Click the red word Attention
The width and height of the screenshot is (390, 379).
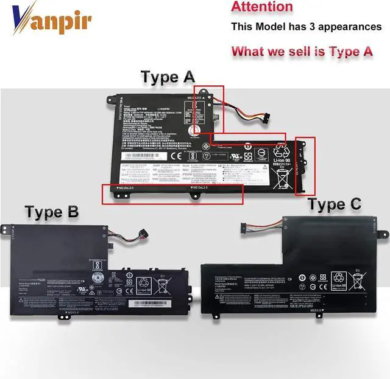tap(262, 7)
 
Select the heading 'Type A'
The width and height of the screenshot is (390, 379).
tap(168, 77)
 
